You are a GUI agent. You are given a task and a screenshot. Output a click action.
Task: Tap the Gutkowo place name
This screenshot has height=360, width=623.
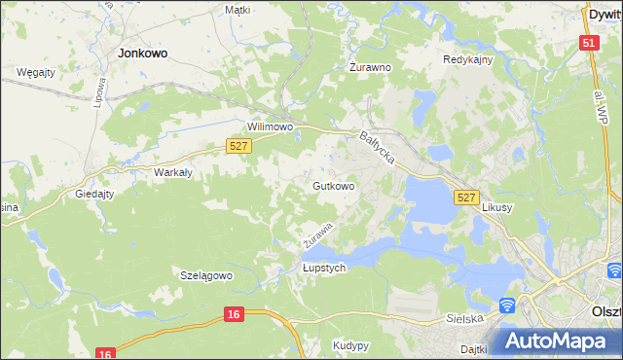click(x=332, y=185)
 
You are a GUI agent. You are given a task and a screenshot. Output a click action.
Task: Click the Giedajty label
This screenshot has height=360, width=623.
click(x=95, y=194)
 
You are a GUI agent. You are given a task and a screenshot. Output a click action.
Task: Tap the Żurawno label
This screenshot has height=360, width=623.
click(x=370, y=68)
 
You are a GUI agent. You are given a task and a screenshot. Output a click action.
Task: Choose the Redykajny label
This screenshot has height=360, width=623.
click(x=468, y=59)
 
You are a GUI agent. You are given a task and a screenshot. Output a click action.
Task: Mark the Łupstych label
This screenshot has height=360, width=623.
click(x=324, y=268)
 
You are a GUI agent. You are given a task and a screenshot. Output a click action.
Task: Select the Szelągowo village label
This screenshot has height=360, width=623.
click(x=206, y=275)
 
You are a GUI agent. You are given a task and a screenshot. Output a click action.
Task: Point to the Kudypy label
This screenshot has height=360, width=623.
click(x=350, y=345)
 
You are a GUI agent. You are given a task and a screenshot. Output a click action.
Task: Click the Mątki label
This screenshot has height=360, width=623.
click(x=237, y=10)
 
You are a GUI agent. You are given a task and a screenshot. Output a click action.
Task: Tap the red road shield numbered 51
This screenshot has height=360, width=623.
click(x=588, y=43)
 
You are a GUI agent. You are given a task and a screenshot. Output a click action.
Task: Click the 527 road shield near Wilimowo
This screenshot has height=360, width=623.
click(x=239, y=145)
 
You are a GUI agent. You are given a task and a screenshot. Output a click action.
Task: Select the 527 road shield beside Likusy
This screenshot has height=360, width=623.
click(x=466, y=198)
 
